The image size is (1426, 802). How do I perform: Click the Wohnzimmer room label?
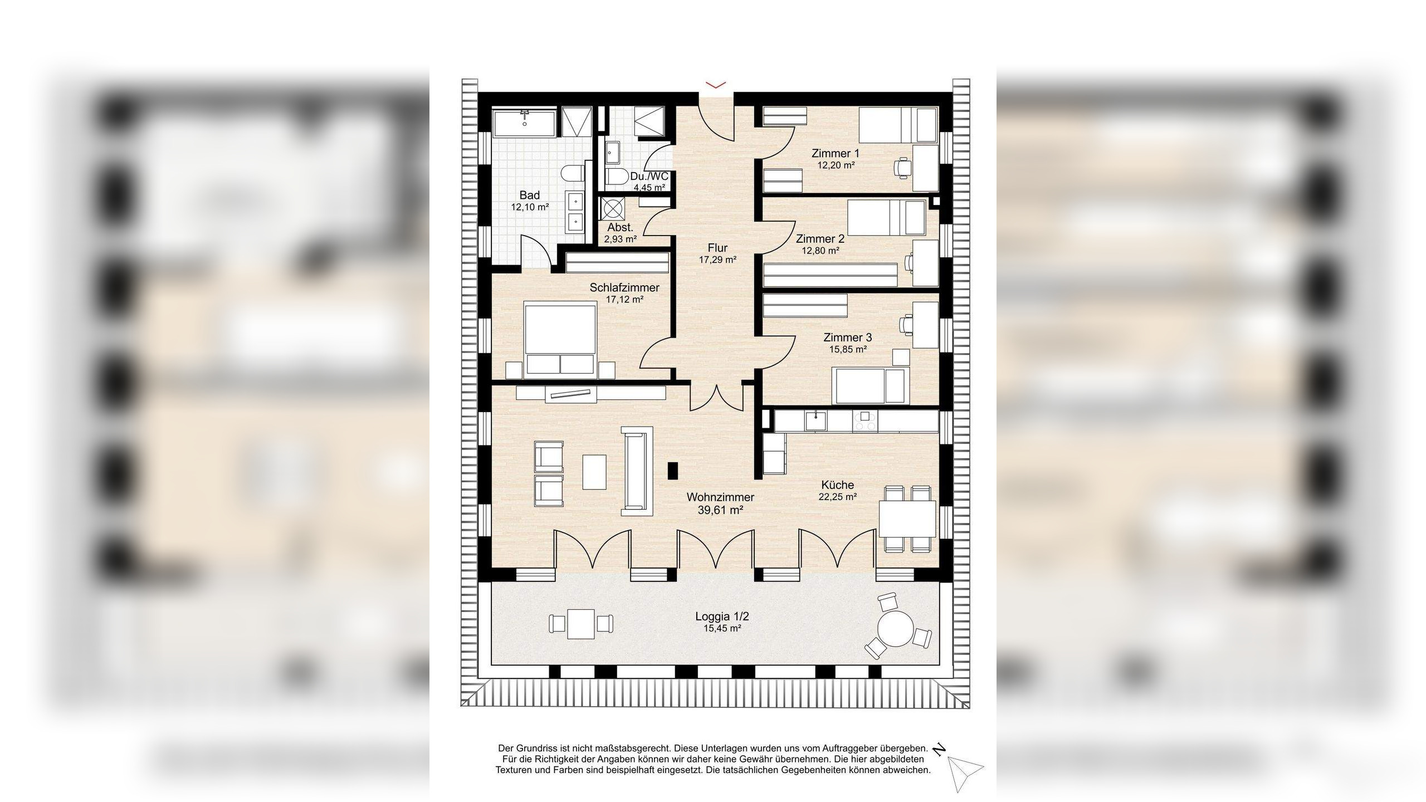[x=720, y=497]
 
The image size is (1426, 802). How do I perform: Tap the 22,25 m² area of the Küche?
[x=837, y=497]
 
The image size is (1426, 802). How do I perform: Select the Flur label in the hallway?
[x=717, y=248]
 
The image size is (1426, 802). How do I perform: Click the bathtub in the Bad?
[x=524, y=123]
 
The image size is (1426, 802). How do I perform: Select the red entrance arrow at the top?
[x=716, y=85]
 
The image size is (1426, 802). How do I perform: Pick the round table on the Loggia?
[x=895, y=629]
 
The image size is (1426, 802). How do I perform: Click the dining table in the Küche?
[x=907, y=519]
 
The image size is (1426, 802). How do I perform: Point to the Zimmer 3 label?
[x=847, y=338]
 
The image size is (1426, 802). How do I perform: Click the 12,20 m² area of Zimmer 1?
[x=836, y=165]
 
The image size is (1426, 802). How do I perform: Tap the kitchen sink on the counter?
[x=815, y=420]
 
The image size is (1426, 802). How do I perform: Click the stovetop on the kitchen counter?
[x=865, y=420]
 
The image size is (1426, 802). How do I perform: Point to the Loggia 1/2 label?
[x=722, y=617]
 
